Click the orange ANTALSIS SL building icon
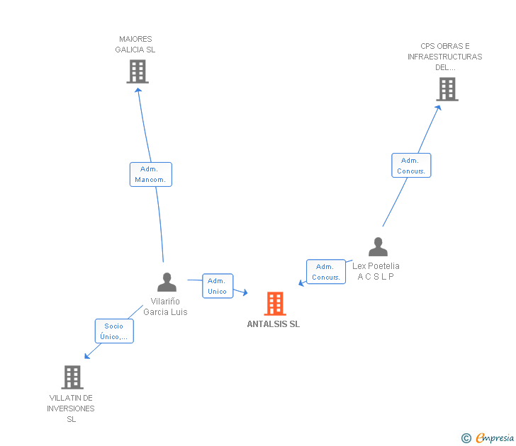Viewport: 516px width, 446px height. [x=275, y=304]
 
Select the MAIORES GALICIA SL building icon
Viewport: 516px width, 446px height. [x=138, y=71]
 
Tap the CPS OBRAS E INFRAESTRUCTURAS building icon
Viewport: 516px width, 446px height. [x=447, y=89]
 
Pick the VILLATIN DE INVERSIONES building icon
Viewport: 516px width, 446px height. [x=72, y=377]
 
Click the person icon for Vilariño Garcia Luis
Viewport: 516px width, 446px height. [x=167, y=282]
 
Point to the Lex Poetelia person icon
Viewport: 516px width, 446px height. [x=378, y=247]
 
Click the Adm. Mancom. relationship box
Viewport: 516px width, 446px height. [x=151, y=174]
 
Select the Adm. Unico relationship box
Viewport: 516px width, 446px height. [x=218, y=286]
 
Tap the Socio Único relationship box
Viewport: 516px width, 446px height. [x=114, y=331]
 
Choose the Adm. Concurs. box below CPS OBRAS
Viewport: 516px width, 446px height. [x=411, y=166]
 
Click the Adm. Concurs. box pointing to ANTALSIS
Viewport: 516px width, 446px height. [x=326, y=272]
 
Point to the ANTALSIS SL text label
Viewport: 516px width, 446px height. [x=274, y=324]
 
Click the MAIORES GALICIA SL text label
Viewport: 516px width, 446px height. [x=135, y=45]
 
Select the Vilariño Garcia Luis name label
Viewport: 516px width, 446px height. [x=166, y=307]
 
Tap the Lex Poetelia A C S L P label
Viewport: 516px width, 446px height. [x=376, y=271]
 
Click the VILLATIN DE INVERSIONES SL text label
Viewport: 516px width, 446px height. [x=71, y=408]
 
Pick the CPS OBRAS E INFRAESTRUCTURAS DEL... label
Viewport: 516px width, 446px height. [x=444, y=57]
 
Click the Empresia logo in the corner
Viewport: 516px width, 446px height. [x=488, y=438]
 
